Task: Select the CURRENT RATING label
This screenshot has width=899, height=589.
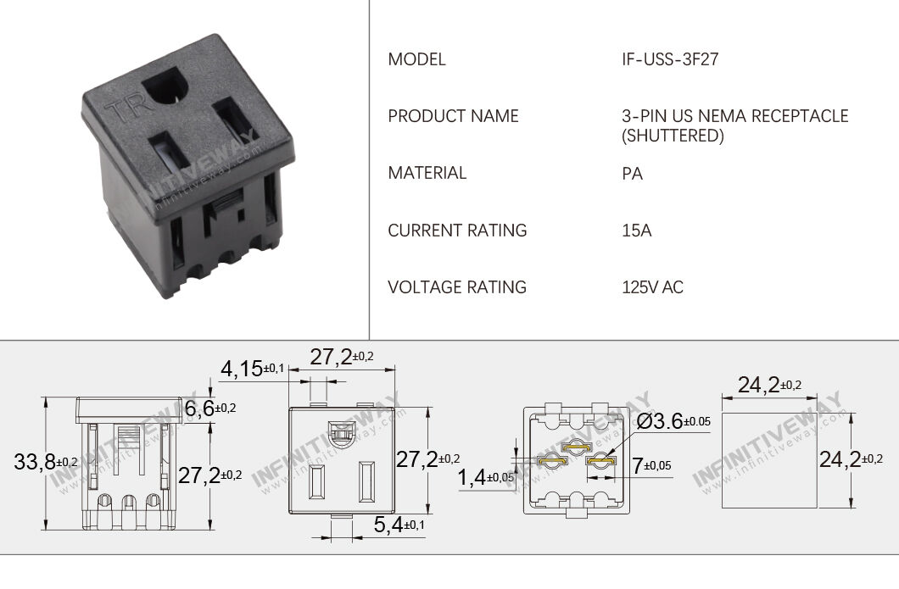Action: [457, 231]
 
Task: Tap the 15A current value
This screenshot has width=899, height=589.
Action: [636, 231]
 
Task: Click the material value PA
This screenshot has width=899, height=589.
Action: [632, 174]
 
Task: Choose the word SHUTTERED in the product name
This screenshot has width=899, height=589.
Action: [673, 136]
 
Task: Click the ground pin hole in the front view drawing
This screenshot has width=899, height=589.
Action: [343, 435]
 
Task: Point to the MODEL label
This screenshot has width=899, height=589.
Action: [416, 59]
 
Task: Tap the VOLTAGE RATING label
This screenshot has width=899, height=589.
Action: [457, 287]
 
